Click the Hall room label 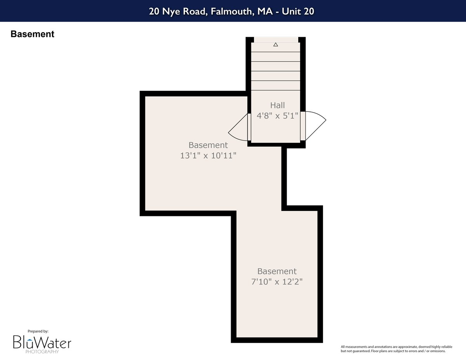(277, 105)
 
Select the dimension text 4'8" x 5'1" (277, 116)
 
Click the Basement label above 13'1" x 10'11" (208, 145)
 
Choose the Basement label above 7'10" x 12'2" (277, 271)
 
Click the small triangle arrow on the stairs (276, 45)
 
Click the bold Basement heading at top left (32, 34)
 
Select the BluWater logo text (42, 342)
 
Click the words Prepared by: (35, 331)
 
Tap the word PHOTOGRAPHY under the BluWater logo (42, 352)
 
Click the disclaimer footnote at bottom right (393, 349)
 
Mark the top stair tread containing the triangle (276, 47)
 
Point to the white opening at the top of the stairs (276, 39)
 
